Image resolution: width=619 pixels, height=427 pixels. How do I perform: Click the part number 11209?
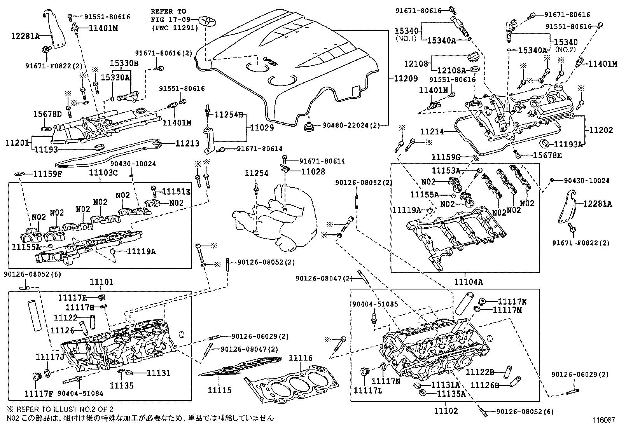[406, 78]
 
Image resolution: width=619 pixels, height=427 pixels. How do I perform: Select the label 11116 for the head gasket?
[301, 358]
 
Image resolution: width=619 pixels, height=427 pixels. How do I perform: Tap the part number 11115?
[219, 390]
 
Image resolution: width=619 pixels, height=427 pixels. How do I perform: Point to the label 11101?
[101, 282]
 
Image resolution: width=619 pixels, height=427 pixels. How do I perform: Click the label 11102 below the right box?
[446, 411]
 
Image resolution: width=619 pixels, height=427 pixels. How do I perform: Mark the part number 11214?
[432, 132]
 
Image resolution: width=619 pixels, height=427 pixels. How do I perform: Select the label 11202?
[601, 130]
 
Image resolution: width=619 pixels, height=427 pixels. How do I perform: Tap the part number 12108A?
[451, 70]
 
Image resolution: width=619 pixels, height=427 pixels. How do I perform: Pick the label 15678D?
[47, 114]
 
